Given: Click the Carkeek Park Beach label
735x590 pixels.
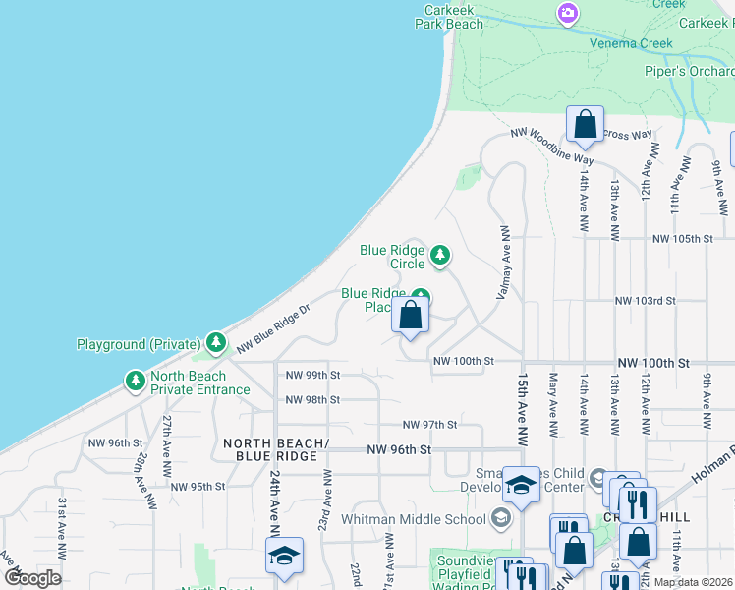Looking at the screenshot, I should click(x=453, y=17).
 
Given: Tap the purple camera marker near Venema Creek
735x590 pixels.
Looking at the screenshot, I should click(x=567, y=13).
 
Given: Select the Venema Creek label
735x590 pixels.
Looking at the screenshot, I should click(x=631, y=43).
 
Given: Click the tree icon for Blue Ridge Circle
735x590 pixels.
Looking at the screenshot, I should click(x=441, y=256).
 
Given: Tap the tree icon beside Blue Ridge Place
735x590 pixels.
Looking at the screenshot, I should click(x=421, y=296).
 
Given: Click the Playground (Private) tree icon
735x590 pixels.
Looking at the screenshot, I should click(x=216, y=343).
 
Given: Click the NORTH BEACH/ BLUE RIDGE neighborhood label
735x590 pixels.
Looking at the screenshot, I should click(x=270, y=449).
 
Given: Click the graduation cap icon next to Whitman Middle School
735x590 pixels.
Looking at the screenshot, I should click(x=500, y=518).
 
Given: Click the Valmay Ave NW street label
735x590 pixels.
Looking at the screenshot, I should click(x=504, y=263).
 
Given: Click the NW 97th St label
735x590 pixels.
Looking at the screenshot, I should click(x=430, y=425).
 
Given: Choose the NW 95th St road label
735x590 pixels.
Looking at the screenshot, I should click(x=198, y=486).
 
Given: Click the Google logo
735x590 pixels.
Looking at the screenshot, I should click(x=32, y=578).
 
